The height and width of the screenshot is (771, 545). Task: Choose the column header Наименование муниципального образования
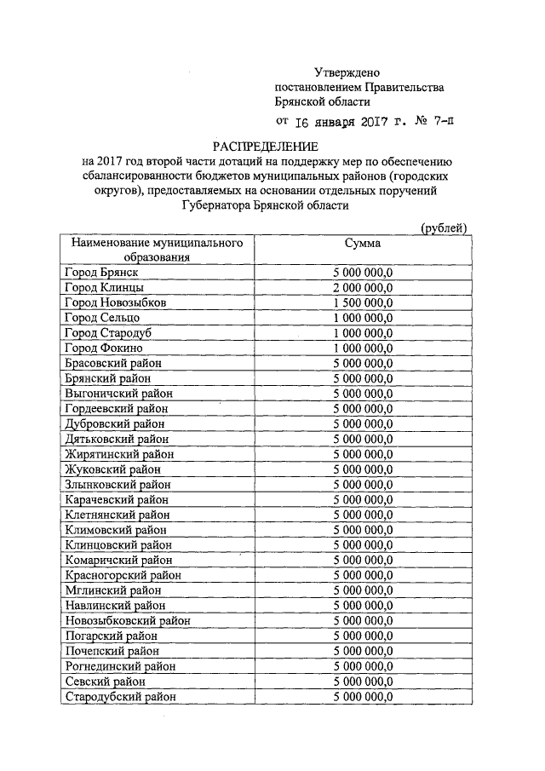point(151,250)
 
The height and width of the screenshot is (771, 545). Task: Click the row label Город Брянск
point(100,272)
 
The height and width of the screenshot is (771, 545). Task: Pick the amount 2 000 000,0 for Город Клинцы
point(363,287)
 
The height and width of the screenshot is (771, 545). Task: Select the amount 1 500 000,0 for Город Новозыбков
point(363,302)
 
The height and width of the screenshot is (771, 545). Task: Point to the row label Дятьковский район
point(117,439)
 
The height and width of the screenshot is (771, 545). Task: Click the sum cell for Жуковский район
point(363,469)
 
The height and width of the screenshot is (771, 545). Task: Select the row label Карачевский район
point(118,499)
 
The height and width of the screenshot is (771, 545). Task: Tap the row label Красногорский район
point(123,575)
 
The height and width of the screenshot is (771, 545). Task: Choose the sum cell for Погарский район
point(363,636)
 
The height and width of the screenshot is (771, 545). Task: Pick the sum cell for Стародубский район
point(363,696)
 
